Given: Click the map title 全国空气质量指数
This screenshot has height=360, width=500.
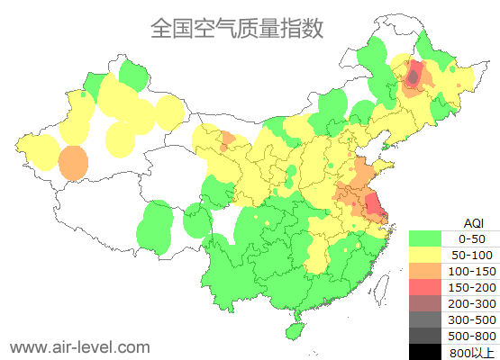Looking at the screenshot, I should (x=237, y=29).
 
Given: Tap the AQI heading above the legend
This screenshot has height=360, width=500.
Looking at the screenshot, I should (x=473, y=222).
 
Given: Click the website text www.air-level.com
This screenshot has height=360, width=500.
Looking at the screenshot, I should (x=79, y=346).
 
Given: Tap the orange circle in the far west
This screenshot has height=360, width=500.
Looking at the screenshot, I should (x=73, y=164).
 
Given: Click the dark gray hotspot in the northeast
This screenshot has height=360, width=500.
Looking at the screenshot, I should (x=413, y=78).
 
